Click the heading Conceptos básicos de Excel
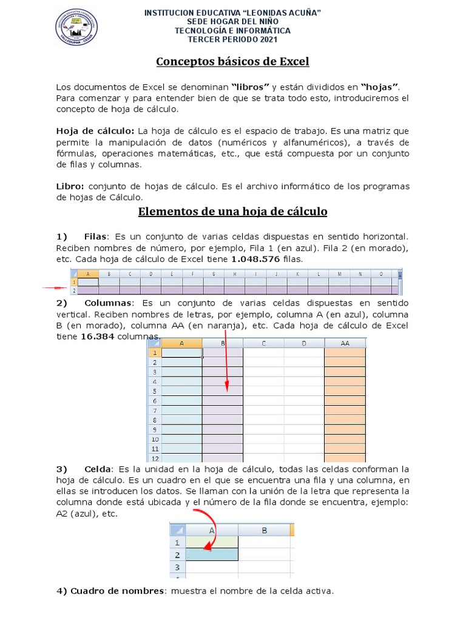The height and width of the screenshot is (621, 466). click(232, 61)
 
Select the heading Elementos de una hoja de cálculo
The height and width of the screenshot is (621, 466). click(232, 212)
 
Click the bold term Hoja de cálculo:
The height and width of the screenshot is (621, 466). click(95, 131)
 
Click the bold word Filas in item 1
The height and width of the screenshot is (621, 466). click(95, 236)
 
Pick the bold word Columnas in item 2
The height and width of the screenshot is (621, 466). click(108, 303)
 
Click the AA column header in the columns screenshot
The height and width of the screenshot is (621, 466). click(345, 343)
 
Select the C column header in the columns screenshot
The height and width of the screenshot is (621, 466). click(263, 343)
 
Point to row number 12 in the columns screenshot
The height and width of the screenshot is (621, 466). click(155, 458)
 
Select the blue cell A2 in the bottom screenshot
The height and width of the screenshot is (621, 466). click(212, 554)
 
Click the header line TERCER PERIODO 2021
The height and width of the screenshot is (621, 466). click(233, 40)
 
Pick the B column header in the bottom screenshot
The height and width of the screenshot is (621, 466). click(265, 530)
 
